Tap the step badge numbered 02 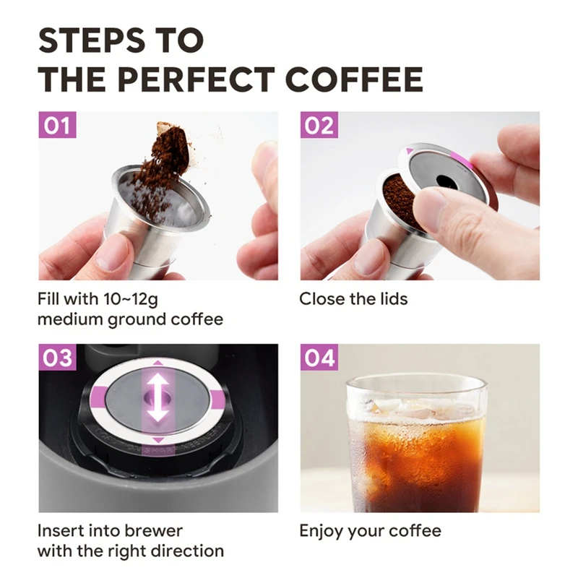point(318,126)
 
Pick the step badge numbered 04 point(318,358)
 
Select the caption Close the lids point(353,298)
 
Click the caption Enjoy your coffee point(370,531)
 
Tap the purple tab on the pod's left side point(100,396)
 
